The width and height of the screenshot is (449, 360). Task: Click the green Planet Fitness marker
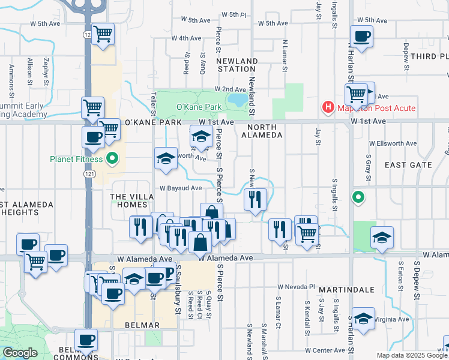point(112,160)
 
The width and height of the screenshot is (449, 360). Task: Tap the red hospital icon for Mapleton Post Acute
point(328,108)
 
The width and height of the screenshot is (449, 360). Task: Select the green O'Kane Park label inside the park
point(191,107)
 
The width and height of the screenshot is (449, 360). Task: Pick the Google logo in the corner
point(20,353)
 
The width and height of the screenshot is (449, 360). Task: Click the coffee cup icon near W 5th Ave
point(361,37)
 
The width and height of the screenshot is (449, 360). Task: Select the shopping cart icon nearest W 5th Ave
point(103,33)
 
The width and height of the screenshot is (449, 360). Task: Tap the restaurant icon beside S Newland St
point(256,199)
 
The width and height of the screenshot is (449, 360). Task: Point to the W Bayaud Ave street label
point(180,188)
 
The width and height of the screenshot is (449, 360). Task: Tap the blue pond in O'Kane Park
point(239,98)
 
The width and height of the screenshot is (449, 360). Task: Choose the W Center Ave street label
point(325,350)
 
